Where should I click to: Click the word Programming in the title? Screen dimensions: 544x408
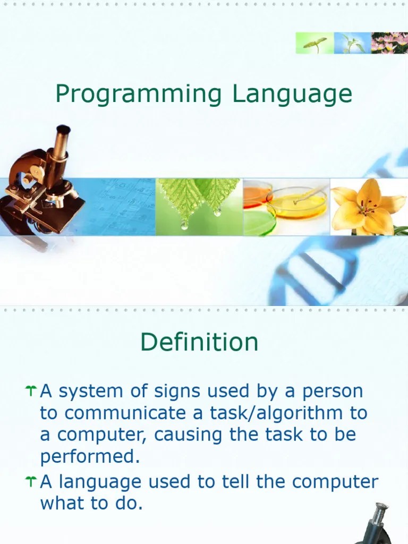(x=138, y=95)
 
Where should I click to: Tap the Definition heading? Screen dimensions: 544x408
(x=199, y=342)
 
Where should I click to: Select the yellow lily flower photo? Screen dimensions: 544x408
(x=369, y=207)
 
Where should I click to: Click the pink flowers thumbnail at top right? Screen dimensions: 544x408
(x=389, y=43)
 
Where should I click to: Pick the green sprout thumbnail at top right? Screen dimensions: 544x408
(x=314, y=43)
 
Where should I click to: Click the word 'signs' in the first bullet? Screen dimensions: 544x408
(x=177, y=392)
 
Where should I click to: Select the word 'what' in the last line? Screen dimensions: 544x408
(x=62, y=504)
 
